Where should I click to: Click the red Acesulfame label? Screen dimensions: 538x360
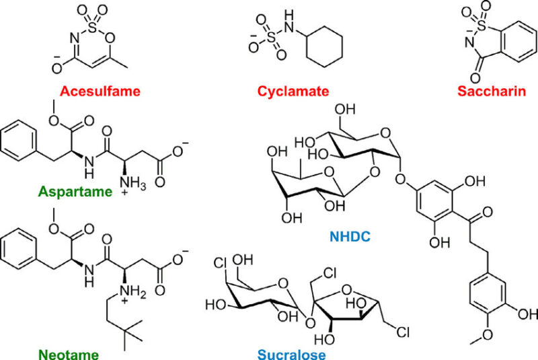pos(100,92)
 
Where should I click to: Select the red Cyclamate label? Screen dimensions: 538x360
pos(293,92)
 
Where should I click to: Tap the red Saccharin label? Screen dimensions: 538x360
pos(492,92)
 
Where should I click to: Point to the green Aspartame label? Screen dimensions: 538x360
pos(75,192)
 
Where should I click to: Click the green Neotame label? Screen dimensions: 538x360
pos(69,354)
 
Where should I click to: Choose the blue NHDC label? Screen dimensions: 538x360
pos(350,236)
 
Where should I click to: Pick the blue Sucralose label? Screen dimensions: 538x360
pos(292,354)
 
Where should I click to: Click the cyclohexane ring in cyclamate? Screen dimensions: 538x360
pos(324,46)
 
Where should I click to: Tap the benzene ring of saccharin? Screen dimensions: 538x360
pos(518,42)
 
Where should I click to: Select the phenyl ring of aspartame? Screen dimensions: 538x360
pos(19,141)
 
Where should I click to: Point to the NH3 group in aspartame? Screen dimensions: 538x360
pos(132,185)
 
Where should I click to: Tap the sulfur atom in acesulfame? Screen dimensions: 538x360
pos(93,28)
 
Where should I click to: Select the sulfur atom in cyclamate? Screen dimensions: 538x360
pos(271,38)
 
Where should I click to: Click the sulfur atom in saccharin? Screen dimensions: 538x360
pos(482,25)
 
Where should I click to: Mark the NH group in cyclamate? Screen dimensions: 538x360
pos(290,22)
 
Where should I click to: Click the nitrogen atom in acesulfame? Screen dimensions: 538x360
pos(75,38)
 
